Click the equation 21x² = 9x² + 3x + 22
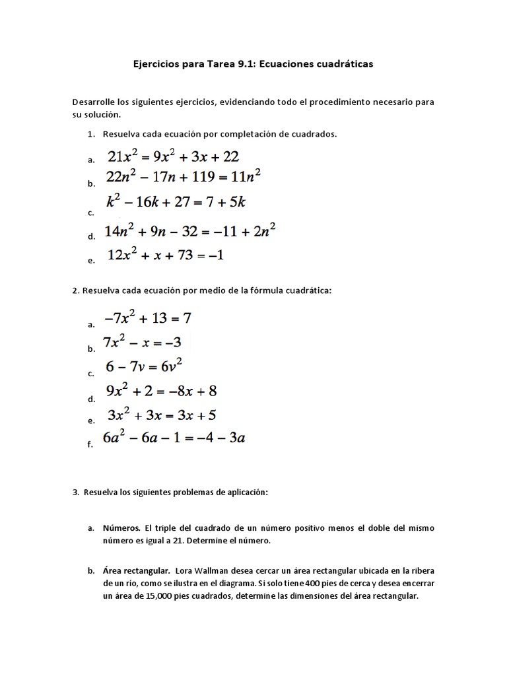[173, 157]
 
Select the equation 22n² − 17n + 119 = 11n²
[184, 177]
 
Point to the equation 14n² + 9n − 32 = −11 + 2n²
[190, 230]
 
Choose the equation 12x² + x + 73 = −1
[165, 255]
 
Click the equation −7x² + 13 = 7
[148, 318]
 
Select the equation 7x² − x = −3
[142, 342]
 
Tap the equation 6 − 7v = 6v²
[145, 366]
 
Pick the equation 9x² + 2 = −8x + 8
[162, 391]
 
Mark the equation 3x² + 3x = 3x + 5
[162, 415]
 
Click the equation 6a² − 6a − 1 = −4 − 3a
[174, 438]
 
